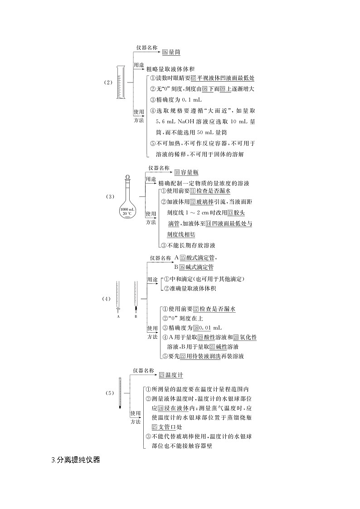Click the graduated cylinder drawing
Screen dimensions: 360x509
click(x=120, y=82)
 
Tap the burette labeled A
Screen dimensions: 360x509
click(x=118, y=297)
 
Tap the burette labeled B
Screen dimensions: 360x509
click(x=136, y=297)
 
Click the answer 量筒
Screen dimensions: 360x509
click(x=175, y=52)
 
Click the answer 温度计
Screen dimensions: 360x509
click(x=174, y=375)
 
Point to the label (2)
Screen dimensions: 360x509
click(x=107, y=82)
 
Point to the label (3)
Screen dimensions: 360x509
click(x=110, y=197)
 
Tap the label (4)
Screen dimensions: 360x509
click(x=106, y=299)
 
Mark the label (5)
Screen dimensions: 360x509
click(x=110, y=393)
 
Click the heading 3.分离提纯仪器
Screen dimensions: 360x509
click(x=76, y=460)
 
